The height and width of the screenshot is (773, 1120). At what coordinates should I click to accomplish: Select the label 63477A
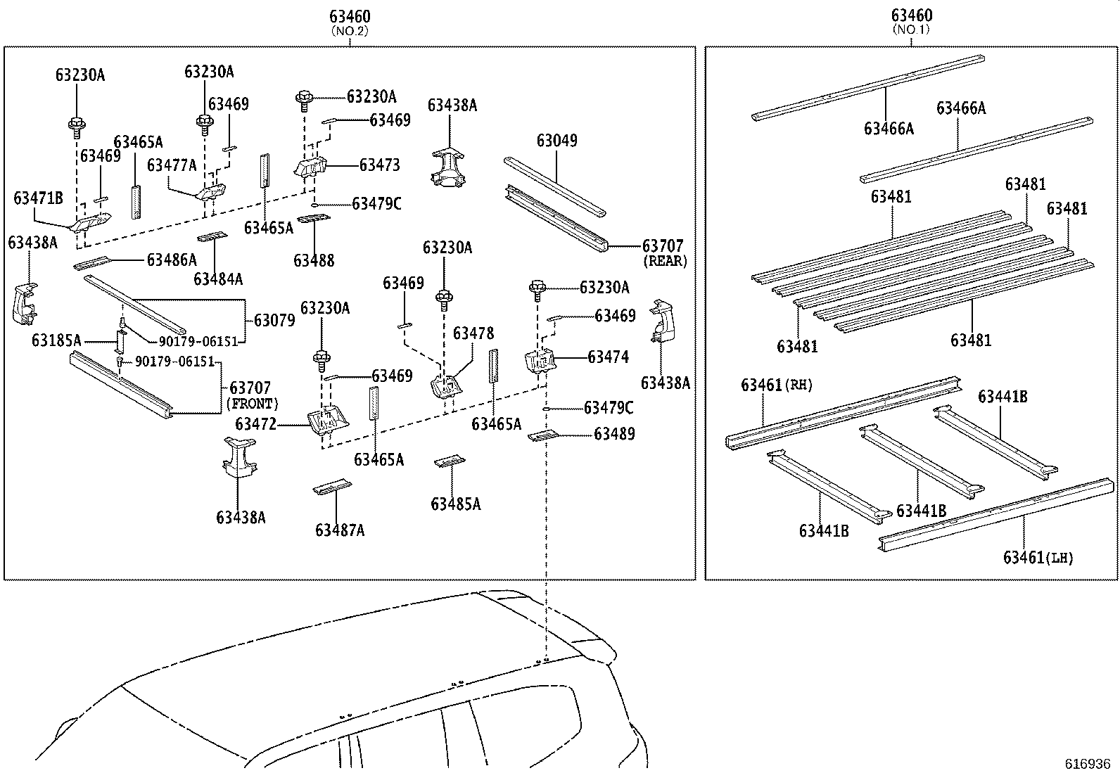pos(172,165)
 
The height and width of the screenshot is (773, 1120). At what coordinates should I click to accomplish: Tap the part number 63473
pos(379,165)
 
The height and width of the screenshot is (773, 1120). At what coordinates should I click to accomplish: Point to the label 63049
pos(556,141)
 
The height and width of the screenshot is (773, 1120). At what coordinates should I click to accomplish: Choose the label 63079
pos(274,321)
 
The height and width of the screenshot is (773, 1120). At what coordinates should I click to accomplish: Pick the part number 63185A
pos(57,341)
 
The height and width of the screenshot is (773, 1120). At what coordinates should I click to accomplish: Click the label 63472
pos(255,424)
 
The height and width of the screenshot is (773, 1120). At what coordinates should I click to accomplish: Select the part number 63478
pos(473,333)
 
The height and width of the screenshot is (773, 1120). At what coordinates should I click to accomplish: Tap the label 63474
pos(608,357)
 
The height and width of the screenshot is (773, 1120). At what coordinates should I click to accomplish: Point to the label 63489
pos(614,434)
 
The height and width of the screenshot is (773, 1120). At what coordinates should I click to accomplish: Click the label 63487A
pos(340,530)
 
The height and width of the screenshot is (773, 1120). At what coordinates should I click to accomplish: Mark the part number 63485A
pos(456,504)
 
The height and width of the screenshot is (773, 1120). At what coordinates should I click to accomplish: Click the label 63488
pos(314,261)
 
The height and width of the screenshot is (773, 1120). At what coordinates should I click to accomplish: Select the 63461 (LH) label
pos(1038,558)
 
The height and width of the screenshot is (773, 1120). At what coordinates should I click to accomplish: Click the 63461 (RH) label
pos(776,385)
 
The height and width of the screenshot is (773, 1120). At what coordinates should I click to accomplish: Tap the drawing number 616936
pos(1087,764)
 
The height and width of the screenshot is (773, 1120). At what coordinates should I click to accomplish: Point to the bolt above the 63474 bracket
pos(538,288)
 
